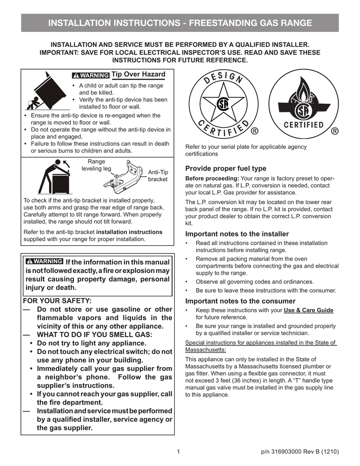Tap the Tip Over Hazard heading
[138, 74]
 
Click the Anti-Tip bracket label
[158, 176]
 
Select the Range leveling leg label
[96, 165]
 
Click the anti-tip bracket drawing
[124, 178]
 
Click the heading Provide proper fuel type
[226, 168]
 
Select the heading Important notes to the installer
[237, 234]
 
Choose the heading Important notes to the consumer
[240, 301]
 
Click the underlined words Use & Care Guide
[309, 310]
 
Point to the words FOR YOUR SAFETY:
[57, 301]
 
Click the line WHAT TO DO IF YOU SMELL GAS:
[94, 334]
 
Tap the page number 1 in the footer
[179, 451]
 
